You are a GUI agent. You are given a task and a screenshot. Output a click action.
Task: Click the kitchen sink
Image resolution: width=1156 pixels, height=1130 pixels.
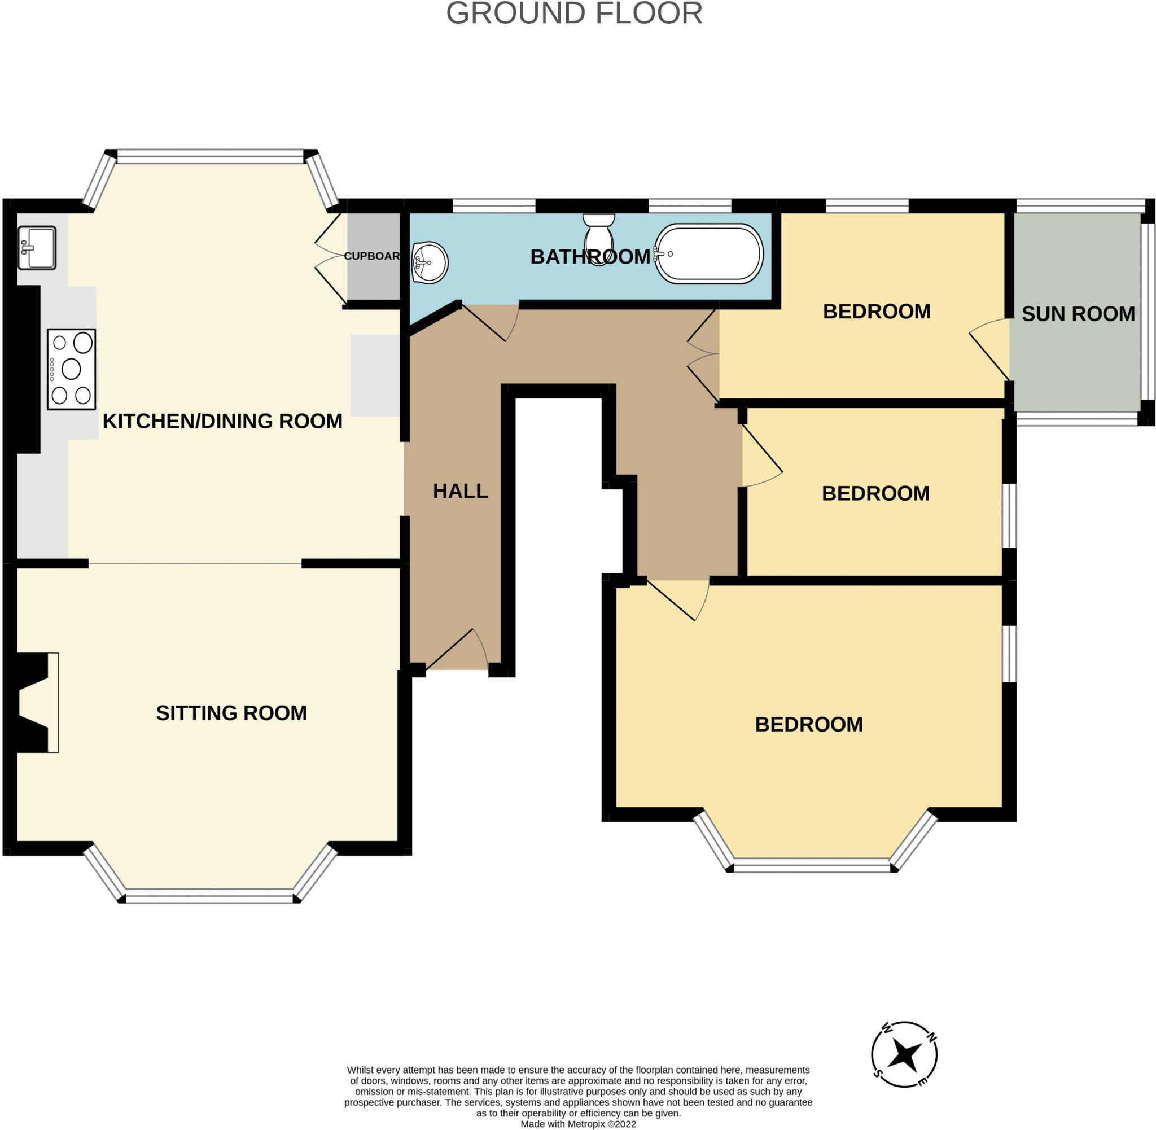37,247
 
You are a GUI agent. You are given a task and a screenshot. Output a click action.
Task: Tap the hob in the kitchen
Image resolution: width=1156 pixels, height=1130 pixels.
71,369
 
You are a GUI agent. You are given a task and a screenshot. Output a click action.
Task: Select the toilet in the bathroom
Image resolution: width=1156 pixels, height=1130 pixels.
599,239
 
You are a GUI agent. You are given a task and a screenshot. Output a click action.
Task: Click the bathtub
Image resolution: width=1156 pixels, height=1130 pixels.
708,254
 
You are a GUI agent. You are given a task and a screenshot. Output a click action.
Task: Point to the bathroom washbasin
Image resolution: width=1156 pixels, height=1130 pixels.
430,262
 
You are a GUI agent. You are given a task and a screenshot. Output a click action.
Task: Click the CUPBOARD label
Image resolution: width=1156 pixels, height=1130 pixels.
372,256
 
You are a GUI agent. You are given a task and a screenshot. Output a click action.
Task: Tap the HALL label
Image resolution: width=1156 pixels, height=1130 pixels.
460,491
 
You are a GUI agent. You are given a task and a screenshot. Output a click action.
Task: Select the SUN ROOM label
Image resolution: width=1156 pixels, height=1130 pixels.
1078,313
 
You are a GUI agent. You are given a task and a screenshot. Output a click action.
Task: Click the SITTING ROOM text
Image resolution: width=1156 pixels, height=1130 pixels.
231,713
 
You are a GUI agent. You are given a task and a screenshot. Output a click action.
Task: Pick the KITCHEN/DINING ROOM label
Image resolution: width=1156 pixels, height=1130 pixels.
222,421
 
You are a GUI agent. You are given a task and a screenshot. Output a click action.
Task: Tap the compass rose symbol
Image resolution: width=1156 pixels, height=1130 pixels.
904,1054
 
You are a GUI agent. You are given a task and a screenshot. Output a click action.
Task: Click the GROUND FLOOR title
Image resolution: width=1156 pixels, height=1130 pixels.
574,13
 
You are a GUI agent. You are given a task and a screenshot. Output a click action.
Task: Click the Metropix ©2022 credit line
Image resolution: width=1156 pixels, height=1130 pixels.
577,1123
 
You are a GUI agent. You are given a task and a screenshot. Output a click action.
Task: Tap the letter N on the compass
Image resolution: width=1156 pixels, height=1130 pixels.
932,1037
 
